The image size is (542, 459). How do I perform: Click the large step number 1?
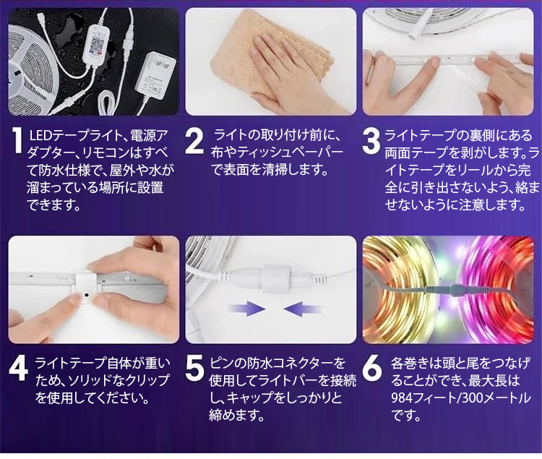pyautogui.click(x=17, y=140)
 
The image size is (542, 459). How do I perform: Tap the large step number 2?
pyautogui.click(x=194, y=141)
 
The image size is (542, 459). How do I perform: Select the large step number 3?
pyautogui.click(x=371, y=141)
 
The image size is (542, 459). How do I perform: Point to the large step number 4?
pyautogui.click(x=18, y=369)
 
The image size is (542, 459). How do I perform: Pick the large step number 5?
pyautogui.click(x=194, y=369)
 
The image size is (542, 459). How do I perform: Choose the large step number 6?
pyautogui.click(x=372, y=369)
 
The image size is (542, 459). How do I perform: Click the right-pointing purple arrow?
pyautogui.click(x=246, y=308)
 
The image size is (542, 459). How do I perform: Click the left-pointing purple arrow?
pyautogui.click(x=302, y=308)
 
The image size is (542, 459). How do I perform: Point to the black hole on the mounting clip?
pyautogui.click(x=85, y=296)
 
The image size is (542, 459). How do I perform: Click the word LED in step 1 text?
pyautogui.click(x=40, y=135)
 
